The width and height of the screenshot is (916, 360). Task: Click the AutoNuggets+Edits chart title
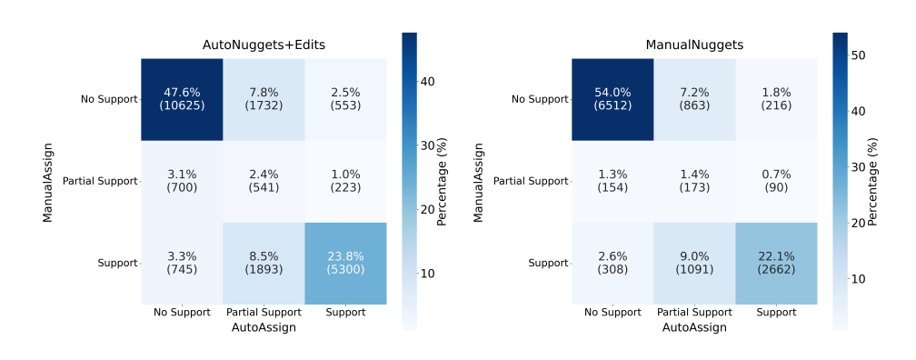[x=264, y=45]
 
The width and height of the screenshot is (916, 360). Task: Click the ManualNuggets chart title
[x=694, y=45]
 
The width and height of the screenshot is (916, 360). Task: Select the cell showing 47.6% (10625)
[x=182, y=99]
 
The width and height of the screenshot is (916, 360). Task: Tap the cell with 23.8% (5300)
[x=345, y=263]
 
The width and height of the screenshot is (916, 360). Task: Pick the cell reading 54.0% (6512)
[x=612, y=99]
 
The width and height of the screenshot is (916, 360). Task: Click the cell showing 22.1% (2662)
[x=776, y=263]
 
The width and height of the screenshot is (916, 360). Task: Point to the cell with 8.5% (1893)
[x=264, y=263]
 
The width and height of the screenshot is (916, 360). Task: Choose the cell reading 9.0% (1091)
[x=694, y=263]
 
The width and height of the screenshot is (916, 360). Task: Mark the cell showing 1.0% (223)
[x=345, y=181]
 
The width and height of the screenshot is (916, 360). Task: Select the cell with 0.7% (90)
[x=776, y=181]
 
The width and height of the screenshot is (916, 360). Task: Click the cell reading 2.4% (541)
[x=264, y=181]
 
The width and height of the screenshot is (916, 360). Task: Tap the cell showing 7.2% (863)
[x=694, y=99]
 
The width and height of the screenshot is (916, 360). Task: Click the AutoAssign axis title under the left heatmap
[x=264, y=327]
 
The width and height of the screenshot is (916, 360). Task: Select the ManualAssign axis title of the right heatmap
[x=478, y=181]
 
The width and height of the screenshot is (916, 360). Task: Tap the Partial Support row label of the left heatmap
[x=100, y=181]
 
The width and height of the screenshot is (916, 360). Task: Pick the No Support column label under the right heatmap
[x=612, y=313]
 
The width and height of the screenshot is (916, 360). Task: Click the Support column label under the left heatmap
[x=345, y=313]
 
